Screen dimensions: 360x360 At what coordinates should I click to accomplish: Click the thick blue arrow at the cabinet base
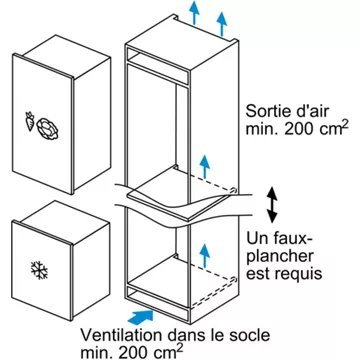[x=149, y=318]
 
